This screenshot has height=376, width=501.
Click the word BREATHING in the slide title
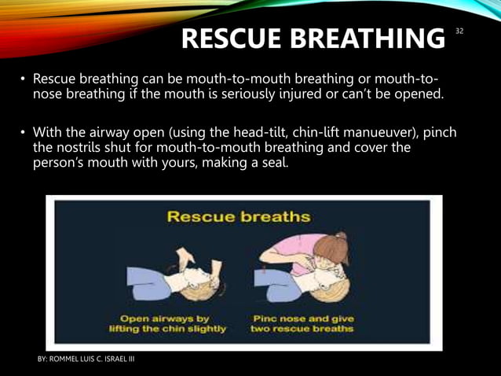click(x=369, y=37)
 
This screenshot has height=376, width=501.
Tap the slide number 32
click(x=459, y=31)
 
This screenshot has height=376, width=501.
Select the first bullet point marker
click(x=24, y=80)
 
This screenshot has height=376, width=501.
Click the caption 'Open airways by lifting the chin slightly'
click(x=173, y=323)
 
